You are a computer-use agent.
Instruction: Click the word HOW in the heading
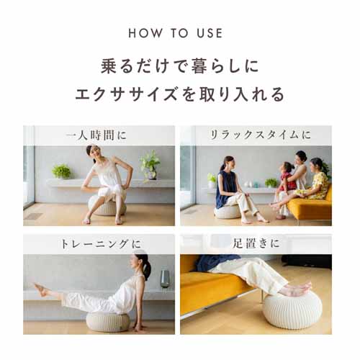[x=145, y=33]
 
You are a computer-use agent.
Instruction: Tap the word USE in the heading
[x=210, y=33]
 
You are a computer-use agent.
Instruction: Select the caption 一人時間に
[x=96, y=135]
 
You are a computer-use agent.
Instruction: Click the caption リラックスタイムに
[x=260, y=135]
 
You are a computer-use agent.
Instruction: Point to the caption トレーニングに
[x=101, y=244]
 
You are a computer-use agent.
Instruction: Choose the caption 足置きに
[x=256, y=243]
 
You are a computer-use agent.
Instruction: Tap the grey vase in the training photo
[x=165, y=279]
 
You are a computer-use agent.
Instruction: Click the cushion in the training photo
[x=108, y=322]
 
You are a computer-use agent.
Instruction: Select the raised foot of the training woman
[x=41, y=289]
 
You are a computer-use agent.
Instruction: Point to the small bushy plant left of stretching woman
[x=61, y=171]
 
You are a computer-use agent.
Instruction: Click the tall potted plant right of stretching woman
[x=150, y=165]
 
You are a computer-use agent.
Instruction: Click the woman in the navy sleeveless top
[x=236, y=189]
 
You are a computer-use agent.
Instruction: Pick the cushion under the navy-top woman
[x=227, y=212]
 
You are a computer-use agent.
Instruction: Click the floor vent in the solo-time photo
[x=33, y=216]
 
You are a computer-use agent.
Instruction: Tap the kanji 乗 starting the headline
[x=109, y=66]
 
